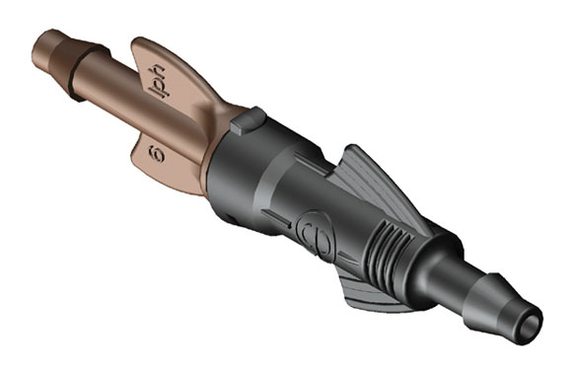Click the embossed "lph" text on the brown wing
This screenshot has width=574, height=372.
pos(158,83)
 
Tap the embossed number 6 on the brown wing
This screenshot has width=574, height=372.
pos(156,154)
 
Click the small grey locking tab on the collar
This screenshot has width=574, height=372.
pos(248,120)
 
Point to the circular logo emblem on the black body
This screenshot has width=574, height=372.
pos(316,235)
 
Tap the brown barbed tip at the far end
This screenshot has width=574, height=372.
pos(52,59)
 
